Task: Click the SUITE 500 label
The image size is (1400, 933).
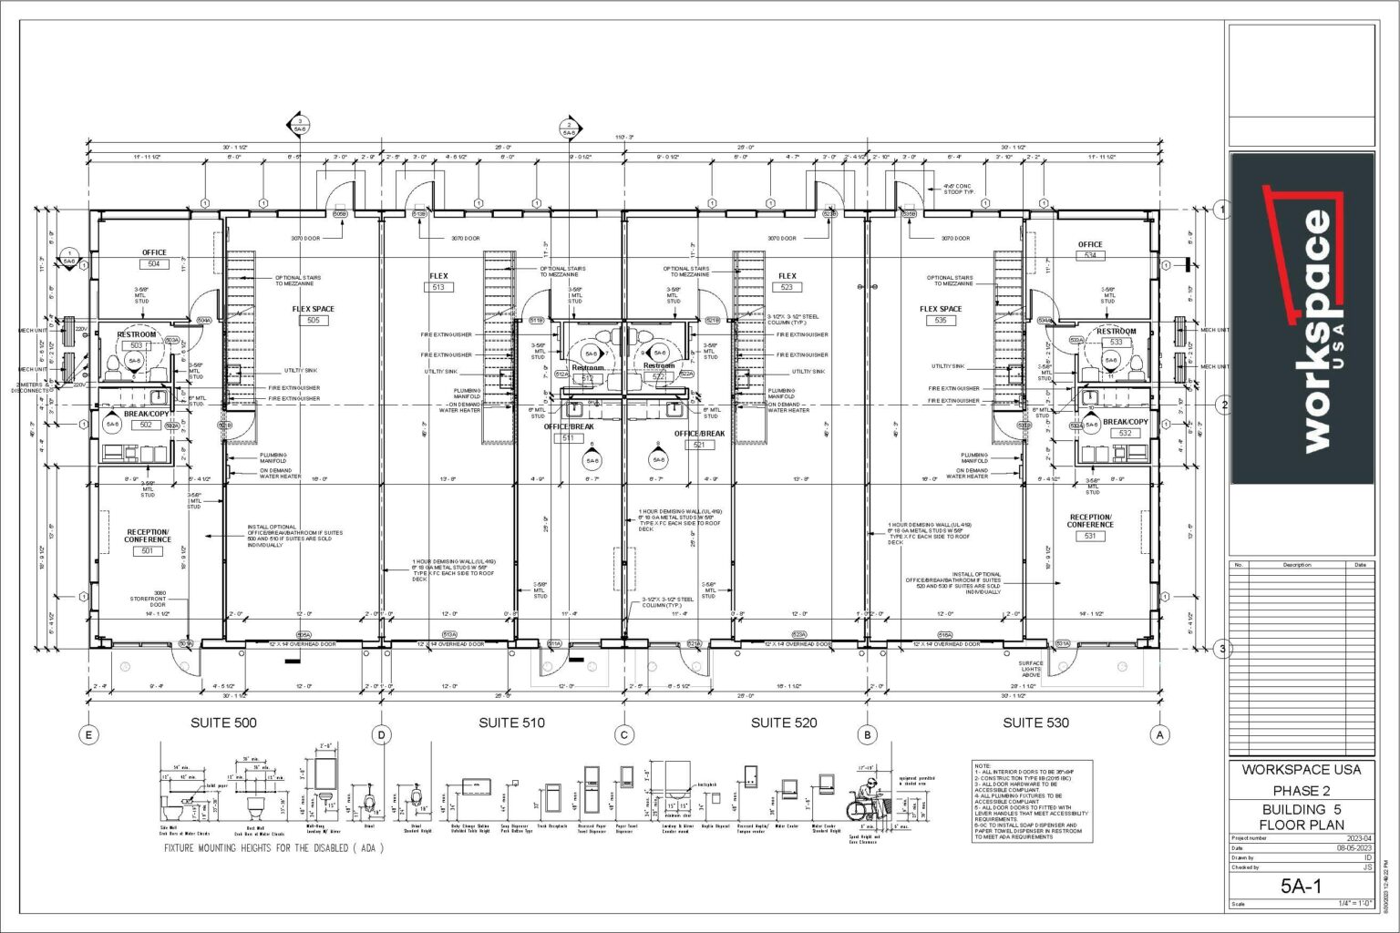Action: (222, 723)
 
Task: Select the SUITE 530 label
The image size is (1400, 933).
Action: (1035, 723)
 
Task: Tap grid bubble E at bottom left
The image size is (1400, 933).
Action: (88, 734)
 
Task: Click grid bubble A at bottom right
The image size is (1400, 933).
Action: (1160, 734)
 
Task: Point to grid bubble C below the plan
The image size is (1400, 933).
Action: (624, 734)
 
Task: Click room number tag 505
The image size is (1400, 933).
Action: (313, 321)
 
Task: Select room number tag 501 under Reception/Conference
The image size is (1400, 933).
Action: (147, 550)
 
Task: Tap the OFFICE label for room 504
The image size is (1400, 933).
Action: (154, 252)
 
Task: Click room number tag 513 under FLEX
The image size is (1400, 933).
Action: (438, 287)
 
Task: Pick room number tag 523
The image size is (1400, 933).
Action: (787, 287)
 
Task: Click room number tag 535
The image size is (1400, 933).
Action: (940, 321)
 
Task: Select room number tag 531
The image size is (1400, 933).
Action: (1090, 536)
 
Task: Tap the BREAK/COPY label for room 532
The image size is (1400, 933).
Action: (1125, 422)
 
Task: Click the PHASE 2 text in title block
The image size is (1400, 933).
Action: (1301, 790)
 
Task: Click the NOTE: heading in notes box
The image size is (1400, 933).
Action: (982, 766)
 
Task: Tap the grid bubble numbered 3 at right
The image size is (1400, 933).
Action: (1224, 649)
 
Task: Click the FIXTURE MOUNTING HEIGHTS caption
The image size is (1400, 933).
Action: (273, 847)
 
